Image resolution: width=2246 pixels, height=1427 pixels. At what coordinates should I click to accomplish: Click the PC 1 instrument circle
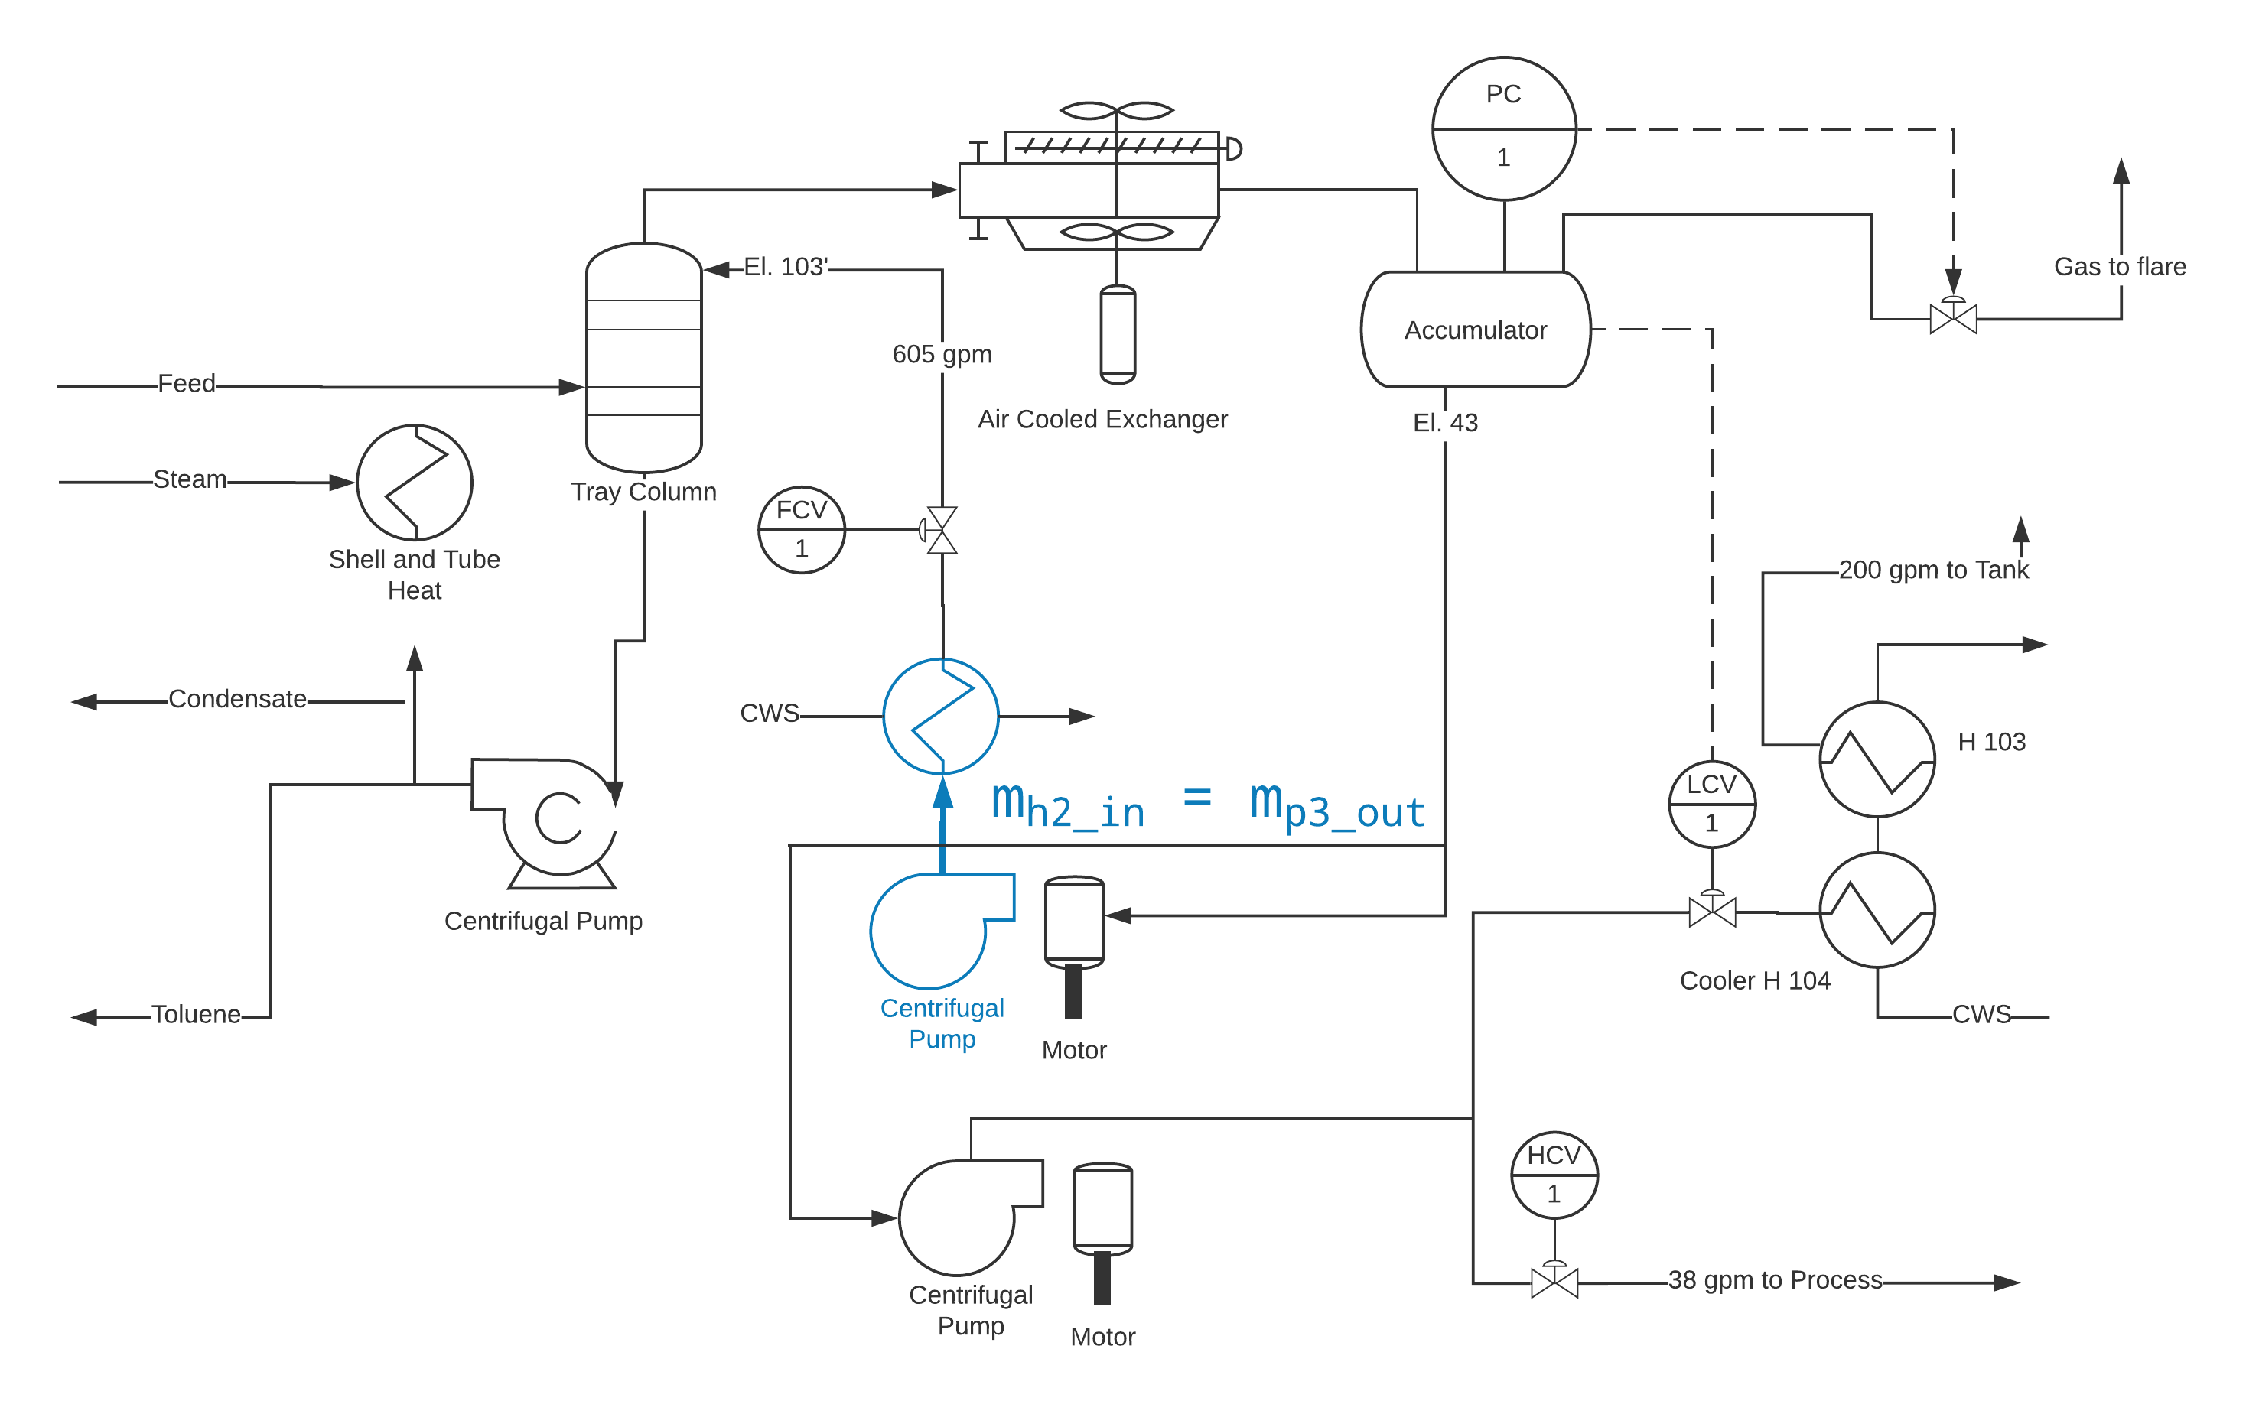[1503, 128]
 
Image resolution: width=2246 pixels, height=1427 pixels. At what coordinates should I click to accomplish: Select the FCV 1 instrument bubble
[801, 530]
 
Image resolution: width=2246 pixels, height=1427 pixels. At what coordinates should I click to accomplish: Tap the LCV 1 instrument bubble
[1711, 804]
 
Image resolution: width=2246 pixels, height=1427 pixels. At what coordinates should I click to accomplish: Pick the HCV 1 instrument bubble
[1554, 1175]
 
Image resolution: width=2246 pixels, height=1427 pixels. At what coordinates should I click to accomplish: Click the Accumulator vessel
[1476, 330]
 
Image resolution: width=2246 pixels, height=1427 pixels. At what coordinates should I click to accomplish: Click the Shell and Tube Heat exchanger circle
[414, 483]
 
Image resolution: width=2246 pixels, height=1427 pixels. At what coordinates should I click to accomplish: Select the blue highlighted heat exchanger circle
[941, 717]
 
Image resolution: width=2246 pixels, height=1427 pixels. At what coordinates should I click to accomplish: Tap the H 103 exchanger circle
[1877, 759]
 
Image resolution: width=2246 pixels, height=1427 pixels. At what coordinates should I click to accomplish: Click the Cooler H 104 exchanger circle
[1877, 910]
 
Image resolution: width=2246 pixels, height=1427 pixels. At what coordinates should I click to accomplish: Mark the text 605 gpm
[942, 354]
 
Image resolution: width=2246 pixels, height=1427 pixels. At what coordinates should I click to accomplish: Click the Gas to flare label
[2119, 267]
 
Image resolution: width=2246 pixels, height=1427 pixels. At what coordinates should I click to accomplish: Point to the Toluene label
[196, 1015]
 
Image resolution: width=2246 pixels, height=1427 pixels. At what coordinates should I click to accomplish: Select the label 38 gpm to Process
[1775, 1279]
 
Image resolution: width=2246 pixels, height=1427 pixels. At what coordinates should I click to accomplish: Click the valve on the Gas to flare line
[1952, 318]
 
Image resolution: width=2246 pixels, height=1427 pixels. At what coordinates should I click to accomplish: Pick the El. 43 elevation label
[1445, 422]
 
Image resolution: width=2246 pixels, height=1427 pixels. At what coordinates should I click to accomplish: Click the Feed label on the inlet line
[187, 383]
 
